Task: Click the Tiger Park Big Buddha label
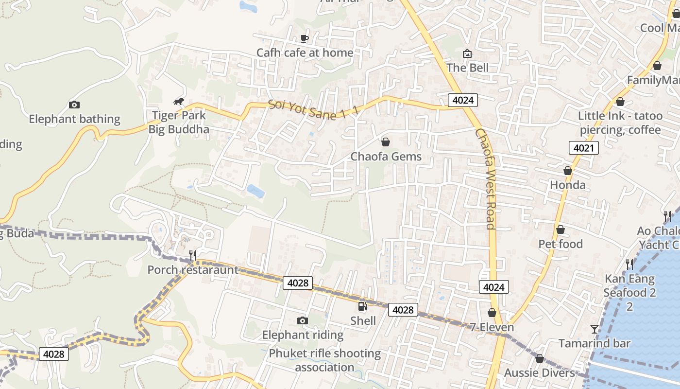tap(179, 123)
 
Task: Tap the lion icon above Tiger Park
tap(179, 102)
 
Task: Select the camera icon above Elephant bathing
tap(74, 105)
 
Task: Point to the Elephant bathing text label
tap(74, 119)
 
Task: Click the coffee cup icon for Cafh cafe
tap(305, 38)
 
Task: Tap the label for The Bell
tap(467, 68)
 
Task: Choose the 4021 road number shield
tap(583, 148)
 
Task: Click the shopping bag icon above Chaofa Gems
tap(386, 142)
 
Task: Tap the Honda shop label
tap(567, 185)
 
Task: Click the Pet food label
tap(561, 244)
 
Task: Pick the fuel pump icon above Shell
tap(362, 306)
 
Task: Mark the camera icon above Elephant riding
tap(303, 320)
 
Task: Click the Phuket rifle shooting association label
tap(324, 360)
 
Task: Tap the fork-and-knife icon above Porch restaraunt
tap(193, 255)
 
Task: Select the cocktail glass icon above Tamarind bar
tap(595, 329)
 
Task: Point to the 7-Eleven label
tap(492, 327)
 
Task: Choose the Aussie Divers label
tap(539, 373)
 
